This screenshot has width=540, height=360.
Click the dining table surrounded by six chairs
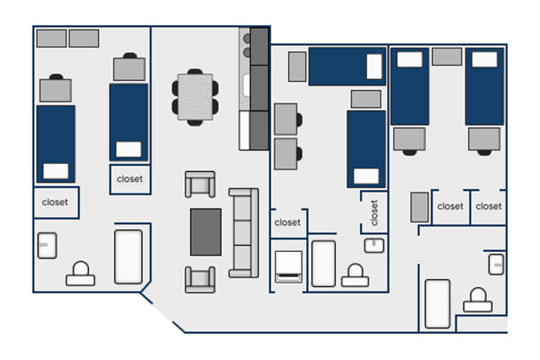195,97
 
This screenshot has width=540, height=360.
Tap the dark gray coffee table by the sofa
205,232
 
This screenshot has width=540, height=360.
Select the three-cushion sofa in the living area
244,233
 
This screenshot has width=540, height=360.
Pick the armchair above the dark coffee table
200,184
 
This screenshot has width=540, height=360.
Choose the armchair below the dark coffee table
200,279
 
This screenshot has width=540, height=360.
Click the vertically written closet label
374,213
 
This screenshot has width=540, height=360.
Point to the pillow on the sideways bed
374,67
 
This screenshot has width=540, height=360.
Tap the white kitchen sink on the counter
246,85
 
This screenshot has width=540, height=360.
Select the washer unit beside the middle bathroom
289,267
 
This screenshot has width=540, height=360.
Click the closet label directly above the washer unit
288,222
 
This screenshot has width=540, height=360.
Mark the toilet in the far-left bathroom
81,274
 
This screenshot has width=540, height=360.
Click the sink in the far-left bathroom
47,246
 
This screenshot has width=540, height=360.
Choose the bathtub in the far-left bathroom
129,257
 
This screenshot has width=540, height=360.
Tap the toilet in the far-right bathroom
478,300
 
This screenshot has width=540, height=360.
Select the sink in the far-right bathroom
496,265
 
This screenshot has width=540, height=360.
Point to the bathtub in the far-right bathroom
437,304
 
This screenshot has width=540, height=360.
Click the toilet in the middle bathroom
355,275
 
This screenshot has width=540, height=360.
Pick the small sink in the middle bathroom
374,246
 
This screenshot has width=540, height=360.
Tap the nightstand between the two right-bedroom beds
447,57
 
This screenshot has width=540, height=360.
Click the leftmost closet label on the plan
55,202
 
